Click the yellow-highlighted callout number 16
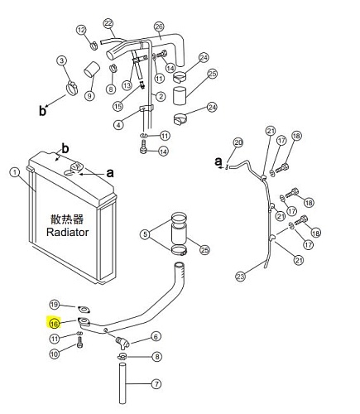pos(55,323)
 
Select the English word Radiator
pos(67,232)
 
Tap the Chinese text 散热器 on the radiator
pos(67,219)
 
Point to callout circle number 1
pos(14,173)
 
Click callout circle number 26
pos(159,26)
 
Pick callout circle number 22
pos(108,23)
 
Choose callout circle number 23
pos(241,276)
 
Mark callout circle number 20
pos(238,142)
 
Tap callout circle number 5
pos(145,234)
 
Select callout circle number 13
pos(127,85)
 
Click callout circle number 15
pos(118,106)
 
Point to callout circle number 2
pos(161,96)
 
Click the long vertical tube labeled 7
pos(122,383)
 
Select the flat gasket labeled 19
pos(84,310)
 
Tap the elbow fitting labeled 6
pos(122,342)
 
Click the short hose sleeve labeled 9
pos(91,69)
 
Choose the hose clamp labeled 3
pos(72,88)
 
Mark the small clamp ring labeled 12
pos(94,46)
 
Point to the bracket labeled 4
pos(146,108)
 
